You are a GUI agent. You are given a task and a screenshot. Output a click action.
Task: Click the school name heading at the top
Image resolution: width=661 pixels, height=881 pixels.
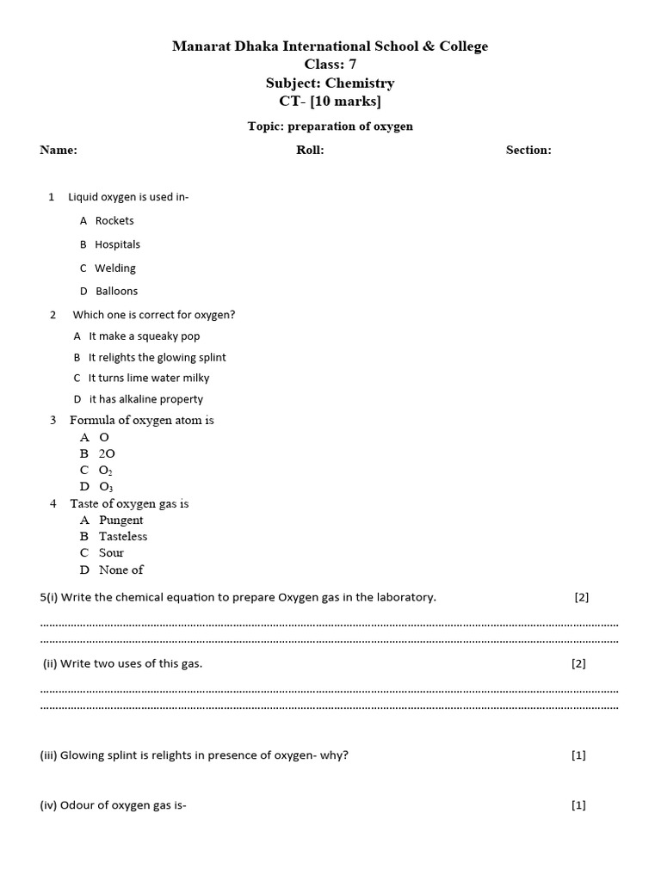[x=330, y=46]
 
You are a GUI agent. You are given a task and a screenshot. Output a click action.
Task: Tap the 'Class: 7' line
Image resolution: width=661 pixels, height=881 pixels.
[x=330, y=65]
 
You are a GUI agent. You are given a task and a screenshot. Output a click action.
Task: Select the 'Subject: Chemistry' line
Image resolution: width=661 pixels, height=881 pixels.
[x=330, y=83]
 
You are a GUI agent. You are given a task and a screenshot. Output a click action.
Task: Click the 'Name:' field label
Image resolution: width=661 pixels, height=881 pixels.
[x=59, y=151]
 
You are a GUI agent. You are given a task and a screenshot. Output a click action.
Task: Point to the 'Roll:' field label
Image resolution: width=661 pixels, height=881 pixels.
[x=310, y=151]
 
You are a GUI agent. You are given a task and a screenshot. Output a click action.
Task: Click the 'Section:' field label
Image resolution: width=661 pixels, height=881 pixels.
[x=528, y=151]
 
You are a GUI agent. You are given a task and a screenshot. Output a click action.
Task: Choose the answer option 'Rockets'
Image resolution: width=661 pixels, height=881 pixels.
[x=114, y=221]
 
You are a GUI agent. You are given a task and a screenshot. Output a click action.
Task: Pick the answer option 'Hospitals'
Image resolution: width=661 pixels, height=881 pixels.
[x=117, y=244]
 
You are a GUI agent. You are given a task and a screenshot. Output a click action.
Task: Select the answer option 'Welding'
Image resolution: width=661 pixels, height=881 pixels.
[x=115, y=268]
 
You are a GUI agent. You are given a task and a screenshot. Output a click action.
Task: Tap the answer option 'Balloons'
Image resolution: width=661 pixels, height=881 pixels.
[x=116, y=292]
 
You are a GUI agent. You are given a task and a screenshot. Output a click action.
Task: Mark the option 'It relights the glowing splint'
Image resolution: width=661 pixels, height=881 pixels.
[x=157, y=358]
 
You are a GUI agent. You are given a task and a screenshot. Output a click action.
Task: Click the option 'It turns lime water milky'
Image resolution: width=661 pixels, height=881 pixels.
[x=148, y=379]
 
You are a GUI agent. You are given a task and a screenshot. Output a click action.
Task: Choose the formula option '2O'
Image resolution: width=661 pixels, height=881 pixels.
[x=107, y=453]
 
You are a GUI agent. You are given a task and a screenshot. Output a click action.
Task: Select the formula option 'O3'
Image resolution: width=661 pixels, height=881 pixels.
[x=106, y=487]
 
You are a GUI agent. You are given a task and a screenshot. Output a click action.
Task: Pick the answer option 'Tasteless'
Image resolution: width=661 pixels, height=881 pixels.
[x=123, y=537]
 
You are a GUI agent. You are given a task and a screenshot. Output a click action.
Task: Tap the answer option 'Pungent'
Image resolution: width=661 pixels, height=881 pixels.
[x=121, y=521]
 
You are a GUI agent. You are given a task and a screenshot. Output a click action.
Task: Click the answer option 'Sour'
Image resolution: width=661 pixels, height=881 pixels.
[x=111, y=553]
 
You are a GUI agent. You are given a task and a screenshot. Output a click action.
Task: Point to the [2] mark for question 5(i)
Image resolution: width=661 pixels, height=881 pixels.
[x=582, y=598]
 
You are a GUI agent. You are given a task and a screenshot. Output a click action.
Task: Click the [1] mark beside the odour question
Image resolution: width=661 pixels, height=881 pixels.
[x=578, y=806]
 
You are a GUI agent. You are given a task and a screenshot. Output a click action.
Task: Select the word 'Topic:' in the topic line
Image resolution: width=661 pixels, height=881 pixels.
[x=266, y=126]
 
